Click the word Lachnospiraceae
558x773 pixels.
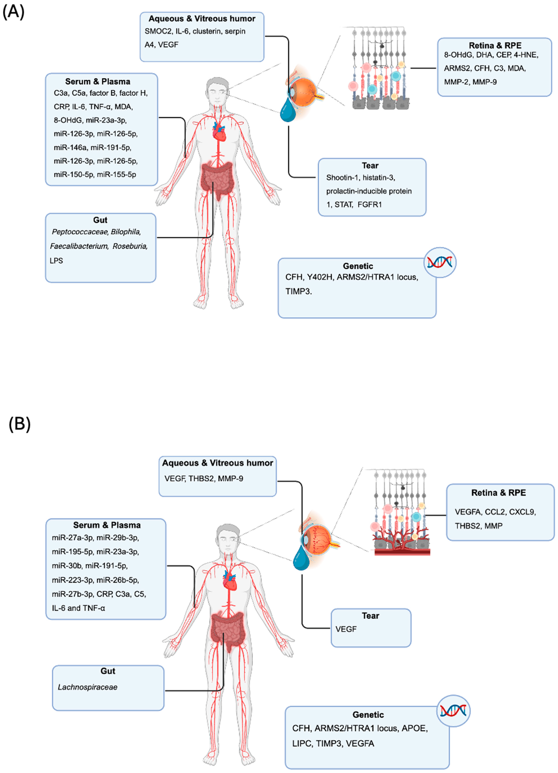coord(88,687)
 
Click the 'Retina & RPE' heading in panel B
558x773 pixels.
coord(498,493)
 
